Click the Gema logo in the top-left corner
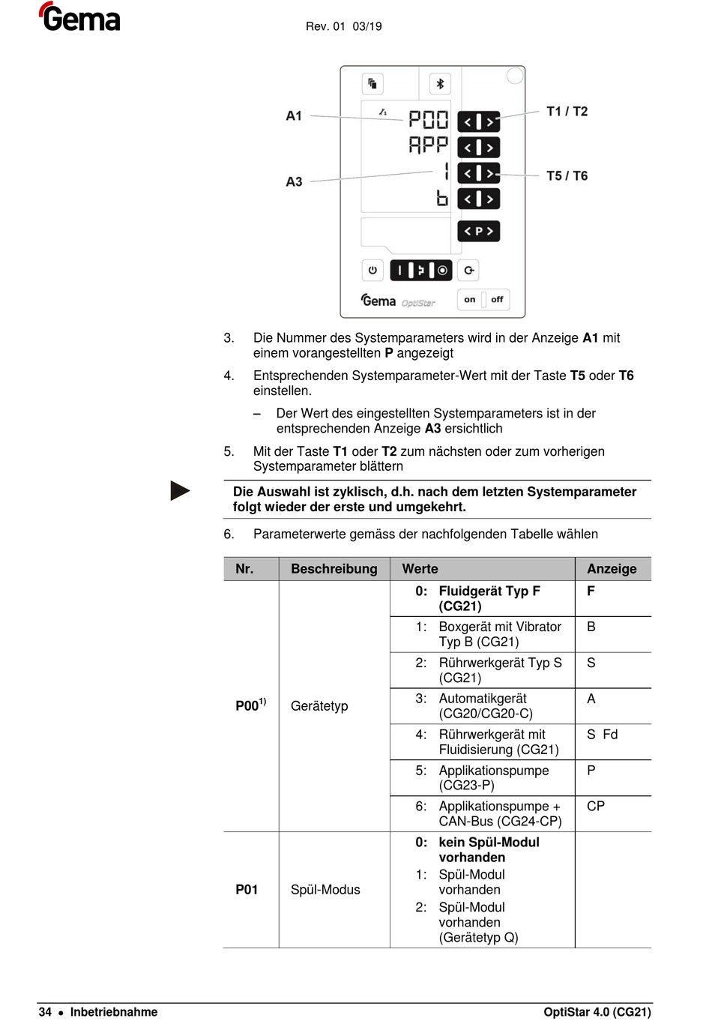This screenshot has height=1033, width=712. pyautogui.click(x=79, y=17)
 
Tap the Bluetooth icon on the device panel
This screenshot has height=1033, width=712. pyautogui.click(x=440, y=83)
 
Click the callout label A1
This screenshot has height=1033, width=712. pyautogui.click(x=294, y=115)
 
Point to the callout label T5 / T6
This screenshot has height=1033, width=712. pyautogui.click(x=567, y=175)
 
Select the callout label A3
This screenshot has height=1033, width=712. pyautogui.click(x=294, y=181)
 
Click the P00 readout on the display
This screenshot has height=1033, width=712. pyautogui.click(x=428, y=120)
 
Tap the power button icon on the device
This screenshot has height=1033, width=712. pyautogui.click(x=372, y=270)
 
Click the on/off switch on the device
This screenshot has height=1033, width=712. pyautogui.click(x=483, y=299)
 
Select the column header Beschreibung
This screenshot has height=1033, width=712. pyautogui.click(x=334, y=569)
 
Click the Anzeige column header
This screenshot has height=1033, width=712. pyautogui.click(x=612, y=569)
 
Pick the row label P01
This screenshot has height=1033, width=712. pyautogui.click(x=247, y=890)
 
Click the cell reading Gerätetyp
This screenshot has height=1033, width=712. pyautogui.click(x=319, y=706)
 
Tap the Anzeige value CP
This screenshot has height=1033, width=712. pyautogui.click(x=596, y=807)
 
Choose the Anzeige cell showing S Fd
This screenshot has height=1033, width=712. pyautogui.click(x=602, y=735)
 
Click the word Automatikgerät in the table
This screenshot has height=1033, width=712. pyautogui.click(x=483, y=699)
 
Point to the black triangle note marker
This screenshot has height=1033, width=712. pyautogui.click(x=180, y=491)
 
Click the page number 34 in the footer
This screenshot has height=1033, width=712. pyautogui.click(x=45, y=1012)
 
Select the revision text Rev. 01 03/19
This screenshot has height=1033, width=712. pyautogui.click(x=343, y=26)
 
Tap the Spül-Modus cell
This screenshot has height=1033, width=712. pyautogui.click(x=325, y=890)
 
